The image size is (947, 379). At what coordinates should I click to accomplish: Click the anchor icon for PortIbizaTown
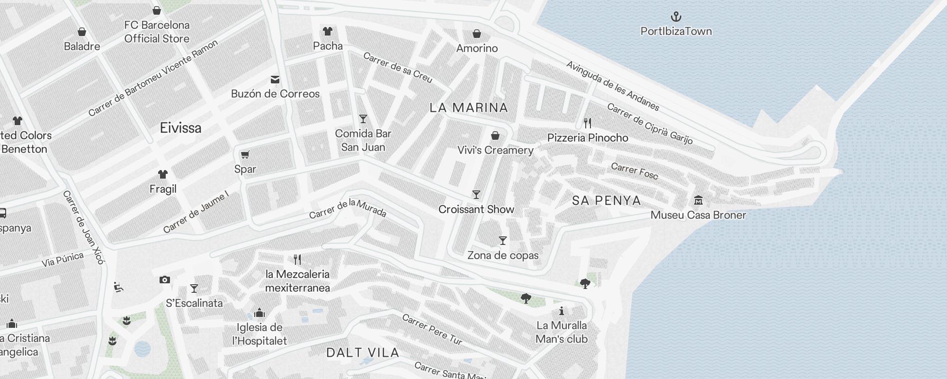coord(676,17)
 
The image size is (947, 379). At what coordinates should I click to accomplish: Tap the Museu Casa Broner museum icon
coord(698,200)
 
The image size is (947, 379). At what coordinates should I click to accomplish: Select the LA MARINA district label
coord(469,108)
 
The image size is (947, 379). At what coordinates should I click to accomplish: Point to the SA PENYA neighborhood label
coord(607,200)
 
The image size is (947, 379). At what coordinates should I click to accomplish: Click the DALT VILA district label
coord(363,352)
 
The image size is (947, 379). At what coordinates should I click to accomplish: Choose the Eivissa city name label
coord(180,128)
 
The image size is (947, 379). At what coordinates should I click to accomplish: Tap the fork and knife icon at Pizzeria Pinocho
coord(588,123)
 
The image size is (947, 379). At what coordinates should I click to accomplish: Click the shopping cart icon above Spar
coord(245,154)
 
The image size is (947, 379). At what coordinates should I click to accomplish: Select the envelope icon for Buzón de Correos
coord(275,80)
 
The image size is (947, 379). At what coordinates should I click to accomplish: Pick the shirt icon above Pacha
coord(328,31)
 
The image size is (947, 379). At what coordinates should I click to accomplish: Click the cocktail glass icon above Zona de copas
coord(503,241)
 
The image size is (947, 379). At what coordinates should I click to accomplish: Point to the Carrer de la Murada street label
coord(348,208)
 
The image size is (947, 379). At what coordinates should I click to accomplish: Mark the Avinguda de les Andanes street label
coord(613,86)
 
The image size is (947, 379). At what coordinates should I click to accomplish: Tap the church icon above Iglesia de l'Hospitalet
coord(259,313)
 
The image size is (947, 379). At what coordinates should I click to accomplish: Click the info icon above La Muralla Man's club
coord(562,311)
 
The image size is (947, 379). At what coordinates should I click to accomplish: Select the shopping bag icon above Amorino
coord(477,34)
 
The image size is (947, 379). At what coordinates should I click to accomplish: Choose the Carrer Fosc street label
coord(634,171)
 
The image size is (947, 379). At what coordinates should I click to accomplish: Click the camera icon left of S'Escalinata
coord(165,280)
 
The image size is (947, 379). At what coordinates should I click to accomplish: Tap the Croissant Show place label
coord(476,209)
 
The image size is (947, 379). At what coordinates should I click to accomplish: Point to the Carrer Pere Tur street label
coord(432,329)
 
